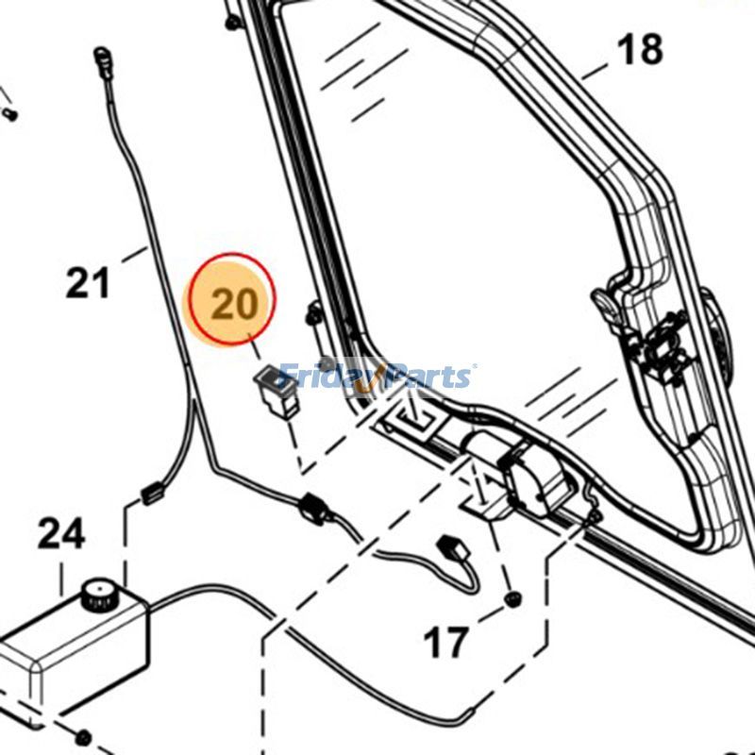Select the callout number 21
(88, 282)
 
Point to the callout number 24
(61, 535)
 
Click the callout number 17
(445, 644)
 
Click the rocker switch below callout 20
(277, 388)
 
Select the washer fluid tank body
(75, 651)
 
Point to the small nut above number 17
(514, 600)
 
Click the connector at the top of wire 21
(104, 66)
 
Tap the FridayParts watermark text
(377, 377)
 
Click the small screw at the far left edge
(9, 114)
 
